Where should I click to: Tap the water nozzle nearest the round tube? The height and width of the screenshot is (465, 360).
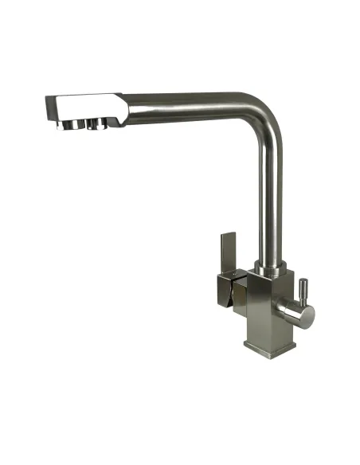[101, 124]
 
